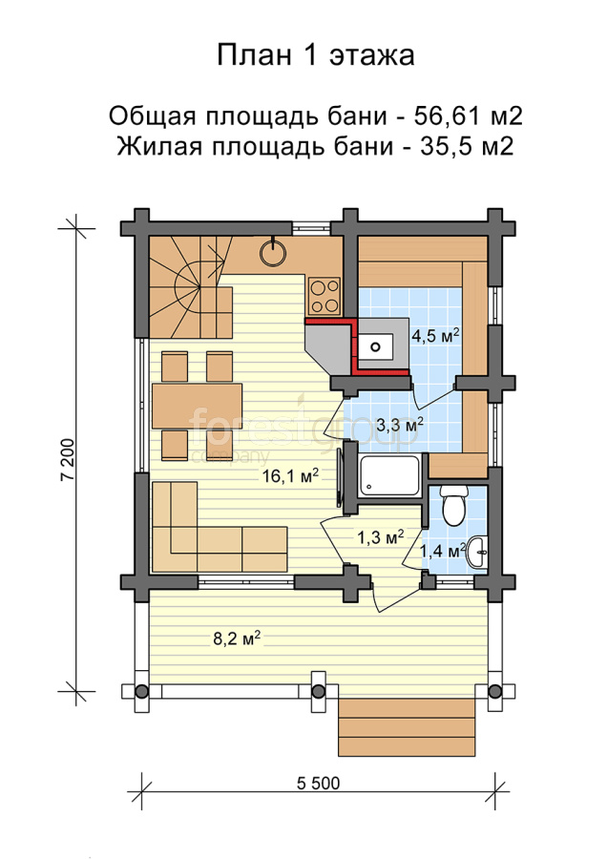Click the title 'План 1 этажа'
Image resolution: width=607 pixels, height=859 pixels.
316,55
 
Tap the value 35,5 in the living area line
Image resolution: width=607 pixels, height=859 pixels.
443,146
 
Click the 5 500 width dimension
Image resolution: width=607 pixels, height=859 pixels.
318,784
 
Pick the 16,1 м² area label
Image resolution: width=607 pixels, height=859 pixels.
290,475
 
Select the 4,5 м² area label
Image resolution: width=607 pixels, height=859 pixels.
435,335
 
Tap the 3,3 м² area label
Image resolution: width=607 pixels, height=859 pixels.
400,424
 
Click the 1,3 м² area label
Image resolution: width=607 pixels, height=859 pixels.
381,537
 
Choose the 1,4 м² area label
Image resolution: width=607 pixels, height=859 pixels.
443,550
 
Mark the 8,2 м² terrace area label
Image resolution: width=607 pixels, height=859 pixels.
236,639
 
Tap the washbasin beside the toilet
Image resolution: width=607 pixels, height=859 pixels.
476,553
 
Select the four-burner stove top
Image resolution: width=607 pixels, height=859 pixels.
324,295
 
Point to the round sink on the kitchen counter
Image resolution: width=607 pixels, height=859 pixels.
272,253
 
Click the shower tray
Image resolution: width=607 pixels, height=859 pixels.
389,474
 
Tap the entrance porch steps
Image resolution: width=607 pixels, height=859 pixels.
407,727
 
